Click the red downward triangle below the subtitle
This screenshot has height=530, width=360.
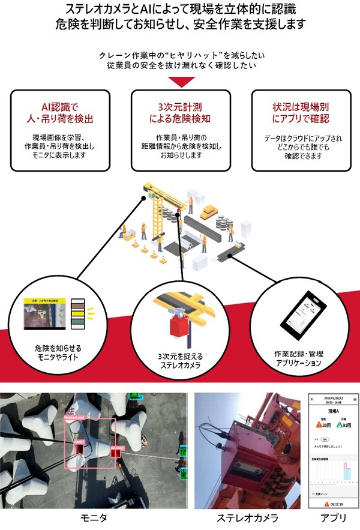180,81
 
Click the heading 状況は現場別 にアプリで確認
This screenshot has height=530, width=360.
300,112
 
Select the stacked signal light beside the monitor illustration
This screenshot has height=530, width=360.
77,313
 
